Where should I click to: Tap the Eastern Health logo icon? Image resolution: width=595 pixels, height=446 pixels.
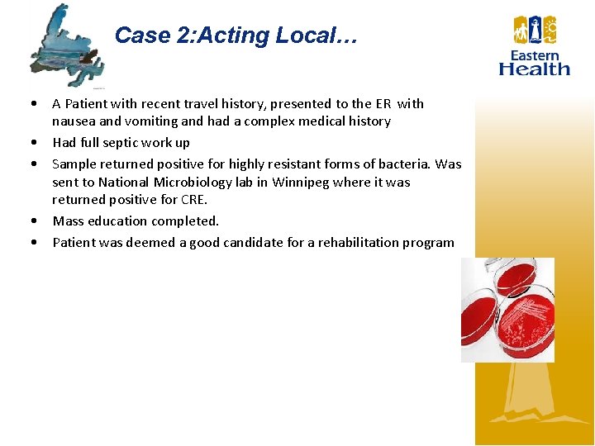535,31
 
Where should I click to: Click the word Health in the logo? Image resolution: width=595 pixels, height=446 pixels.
535,69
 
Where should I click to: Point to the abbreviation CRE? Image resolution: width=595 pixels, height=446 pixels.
191,199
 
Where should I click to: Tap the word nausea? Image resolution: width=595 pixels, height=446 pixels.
73,121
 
